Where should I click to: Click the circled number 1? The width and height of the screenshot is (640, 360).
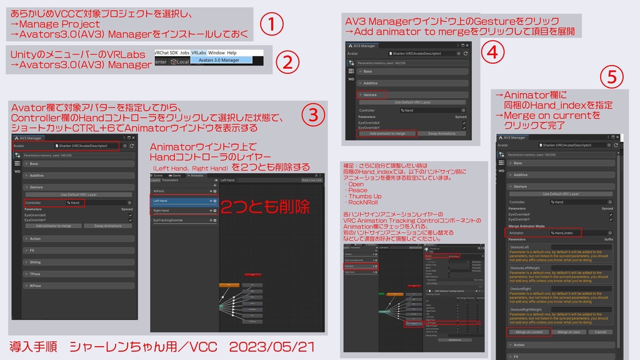point(271,25)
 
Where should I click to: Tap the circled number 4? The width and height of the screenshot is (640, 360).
point(492,52)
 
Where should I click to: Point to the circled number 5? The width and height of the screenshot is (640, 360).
point(611,77)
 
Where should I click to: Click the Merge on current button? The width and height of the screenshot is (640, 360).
point(529,332)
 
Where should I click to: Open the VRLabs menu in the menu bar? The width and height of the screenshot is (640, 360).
point(199,53)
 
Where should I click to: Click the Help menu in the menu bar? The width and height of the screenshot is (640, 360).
point(232,53)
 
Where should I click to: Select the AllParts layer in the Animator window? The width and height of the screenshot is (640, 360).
point(159,191)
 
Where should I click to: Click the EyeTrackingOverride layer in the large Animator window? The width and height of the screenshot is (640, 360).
point(169,220)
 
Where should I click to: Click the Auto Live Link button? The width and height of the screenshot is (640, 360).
point(311,180)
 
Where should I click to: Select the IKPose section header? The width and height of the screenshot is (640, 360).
point(36,286)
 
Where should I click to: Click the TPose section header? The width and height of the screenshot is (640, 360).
point(35,274)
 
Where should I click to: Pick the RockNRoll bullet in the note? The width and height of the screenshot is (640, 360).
point(364,202)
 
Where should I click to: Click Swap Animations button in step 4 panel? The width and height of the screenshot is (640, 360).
point(441,133)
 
